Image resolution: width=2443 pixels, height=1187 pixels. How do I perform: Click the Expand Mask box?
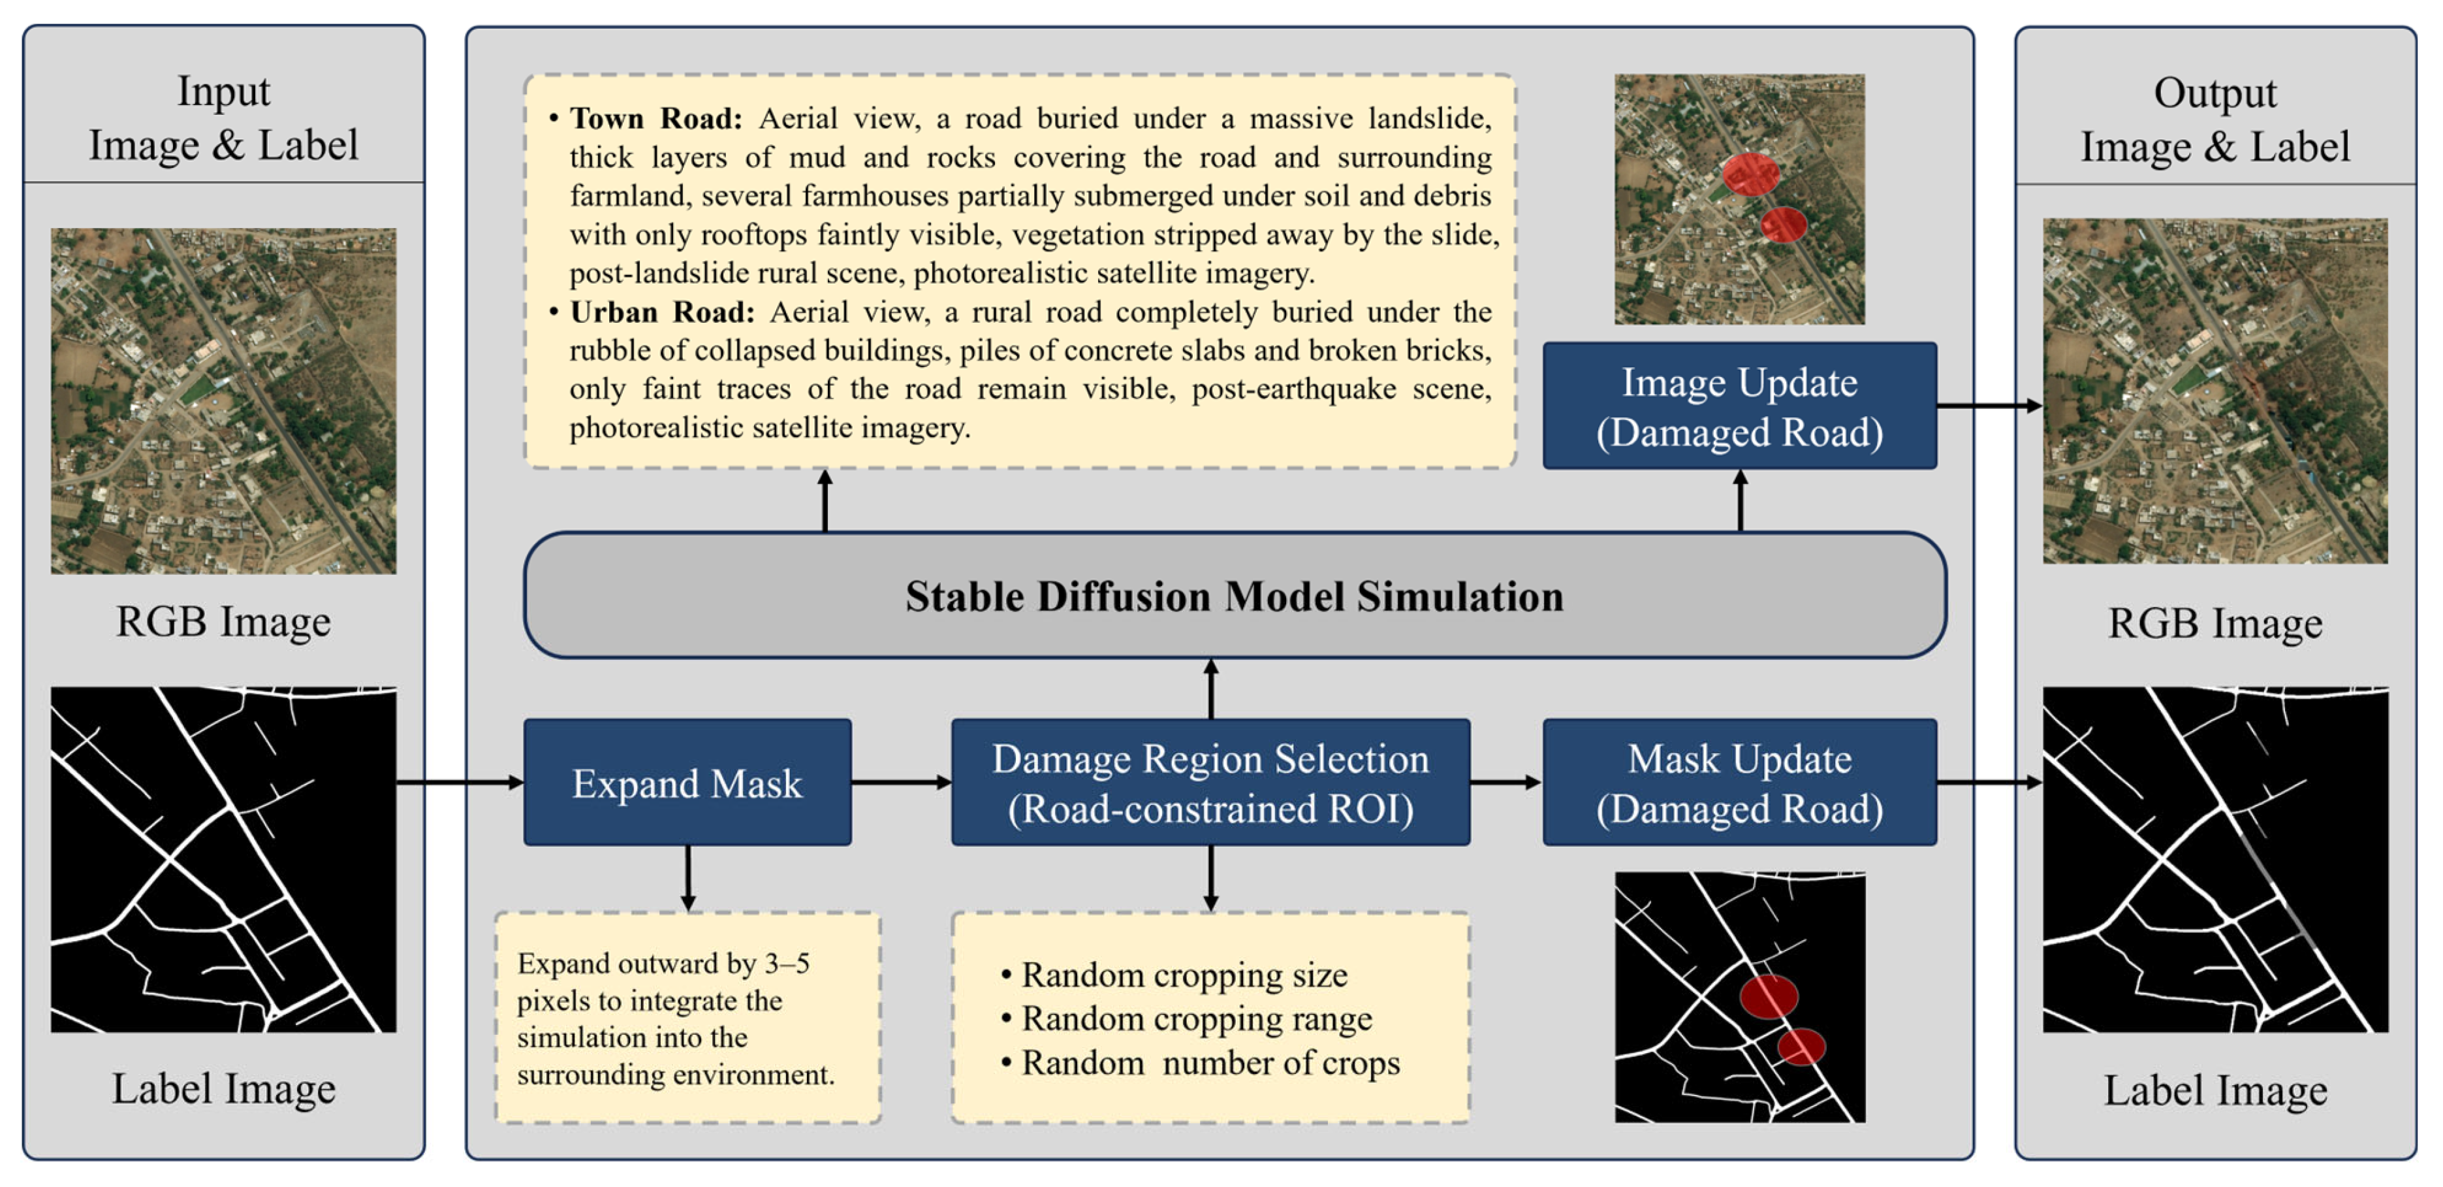[x=687, y=782]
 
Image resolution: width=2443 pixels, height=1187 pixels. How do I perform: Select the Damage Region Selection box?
[x=1210, y=782]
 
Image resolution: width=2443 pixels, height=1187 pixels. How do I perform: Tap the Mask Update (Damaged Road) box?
[x=1739, y=782]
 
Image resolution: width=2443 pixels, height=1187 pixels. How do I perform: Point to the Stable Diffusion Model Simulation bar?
[x=1234, y=595]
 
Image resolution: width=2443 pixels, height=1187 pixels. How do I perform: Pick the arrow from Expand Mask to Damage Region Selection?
[x=901, y=782]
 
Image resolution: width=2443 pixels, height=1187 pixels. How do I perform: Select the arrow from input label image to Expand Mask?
[x=460, y=782]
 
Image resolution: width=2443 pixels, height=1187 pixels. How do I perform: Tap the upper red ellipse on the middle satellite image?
[x=1750, y=174]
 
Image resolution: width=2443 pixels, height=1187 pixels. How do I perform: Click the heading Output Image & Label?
[x=2214, y=120]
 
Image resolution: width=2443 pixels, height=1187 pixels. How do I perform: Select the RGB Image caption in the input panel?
[x=224, y=621]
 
